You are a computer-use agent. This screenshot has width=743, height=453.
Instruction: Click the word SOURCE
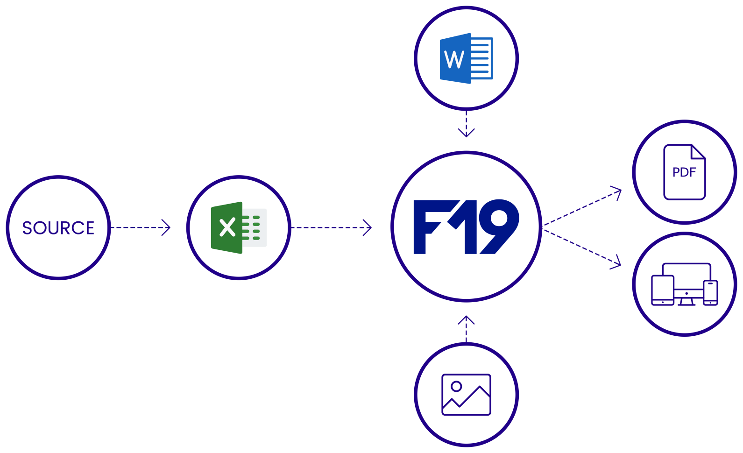pyautogui.click(x=58, y=228)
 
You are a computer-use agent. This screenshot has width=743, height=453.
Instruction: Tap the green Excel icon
pyautogui.click(x=239, y=227)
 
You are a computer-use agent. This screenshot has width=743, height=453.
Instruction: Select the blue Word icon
pyautogui.click(x=466, y=58)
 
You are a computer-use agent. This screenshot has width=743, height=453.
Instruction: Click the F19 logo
pyautogui.click(x=466, y=227)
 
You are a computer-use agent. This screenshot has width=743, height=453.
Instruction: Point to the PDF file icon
pyautogui.click(x=684, y=172)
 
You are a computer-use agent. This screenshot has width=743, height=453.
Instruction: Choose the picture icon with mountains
pyautogui.click(x=466, y=395)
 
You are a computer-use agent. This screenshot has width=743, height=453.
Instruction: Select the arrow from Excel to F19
pyautogui.click(x=332, y=227)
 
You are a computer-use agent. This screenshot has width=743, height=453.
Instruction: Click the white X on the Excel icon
pyautogui.click(x=227, y=227)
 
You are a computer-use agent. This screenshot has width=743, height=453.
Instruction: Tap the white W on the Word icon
pyautogui.click(x=454, y=59)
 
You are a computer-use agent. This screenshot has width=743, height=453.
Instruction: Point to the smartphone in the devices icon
pyautogui.click(x=710, y=293)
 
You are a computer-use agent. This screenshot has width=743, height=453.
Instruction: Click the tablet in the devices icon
pyautogui.click(x=663, y=290)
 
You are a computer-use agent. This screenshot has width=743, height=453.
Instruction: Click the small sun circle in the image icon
pyautogui.click(x=456, y=386)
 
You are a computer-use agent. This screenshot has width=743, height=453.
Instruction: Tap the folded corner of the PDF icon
pyautogui.click(x=699, y=151)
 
